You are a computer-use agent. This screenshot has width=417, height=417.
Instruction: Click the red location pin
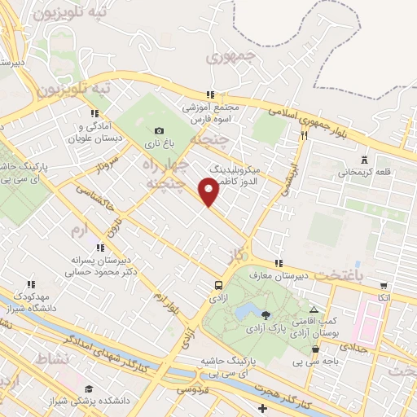coord(210,192)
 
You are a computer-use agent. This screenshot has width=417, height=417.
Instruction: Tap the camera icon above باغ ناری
coord(159,130)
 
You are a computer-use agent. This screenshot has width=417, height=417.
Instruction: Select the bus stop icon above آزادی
coord(218,285)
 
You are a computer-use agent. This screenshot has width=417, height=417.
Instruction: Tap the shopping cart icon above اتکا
coord(383,286)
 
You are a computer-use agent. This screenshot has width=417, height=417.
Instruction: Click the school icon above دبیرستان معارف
coord(279,264)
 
